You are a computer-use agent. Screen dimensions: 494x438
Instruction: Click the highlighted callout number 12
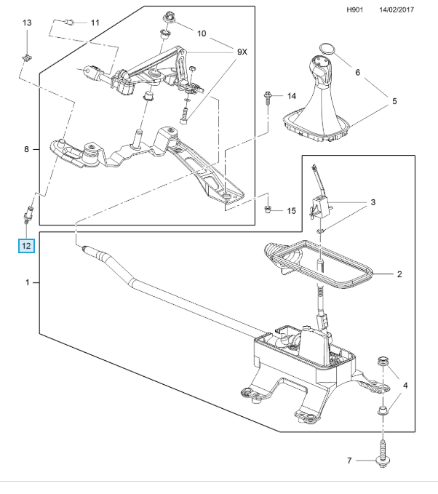[26, 245]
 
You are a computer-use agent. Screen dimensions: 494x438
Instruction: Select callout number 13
[26, 23]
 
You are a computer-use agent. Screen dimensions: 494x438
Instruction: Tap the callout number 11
[94, 23]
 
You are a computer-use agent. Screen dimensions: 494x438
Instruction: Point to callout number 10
[202, 33]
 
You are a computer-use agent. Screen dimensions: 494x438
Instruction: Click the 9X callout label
[242, 52]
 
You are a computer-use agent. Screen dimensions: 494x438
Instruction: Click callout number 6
[357, 73]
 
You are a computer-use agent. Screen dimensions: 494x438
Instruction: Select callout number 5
[394, 101]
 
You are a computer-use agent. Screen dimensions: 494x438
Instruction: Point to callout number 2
[399, 274]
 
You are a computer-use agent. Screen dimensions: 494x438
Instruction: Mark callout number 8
[26, 149]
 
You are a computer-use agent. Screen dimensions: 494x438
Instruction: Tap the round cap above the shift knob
[325, 49]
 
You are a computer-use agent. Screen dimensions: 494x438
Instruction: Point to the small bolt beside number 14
[270, 97]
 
